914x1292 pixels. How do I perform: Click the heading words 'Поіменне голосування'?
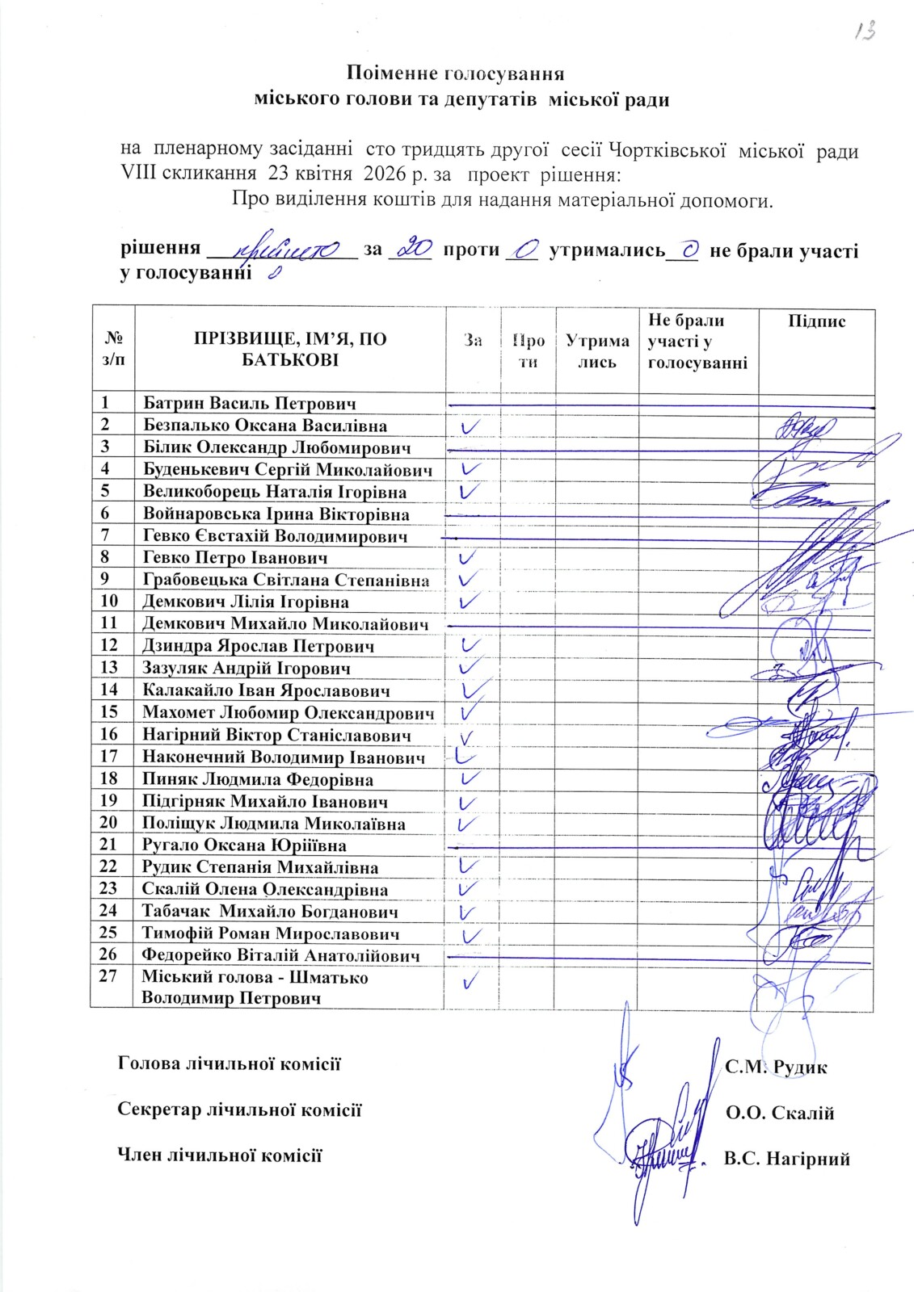455,73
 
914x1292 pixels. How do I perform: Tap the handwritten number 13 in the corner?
866,31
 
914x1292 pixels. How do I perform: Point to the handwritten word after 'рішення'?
283,250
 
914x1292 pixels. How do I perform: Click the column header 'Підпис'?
816,321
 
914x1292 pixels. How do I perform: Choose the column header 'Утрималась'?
597,351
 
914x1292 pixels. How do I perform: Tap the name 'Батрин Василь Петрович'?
249,403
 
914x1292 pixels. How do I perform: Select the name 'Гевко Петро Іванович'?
235,557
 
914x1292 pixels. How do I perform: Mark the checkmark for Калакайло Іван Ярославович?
477,689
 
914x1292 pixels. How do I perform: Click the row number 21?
109,845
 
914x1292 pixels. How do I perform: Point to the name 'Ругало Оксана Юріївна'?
244,845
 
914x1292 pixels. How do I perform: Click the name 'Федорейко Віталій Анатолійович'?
280,955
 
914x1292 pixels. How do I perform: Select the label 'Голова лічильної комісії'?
230,1063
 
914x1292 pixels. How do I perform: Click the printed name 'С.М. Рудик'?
776,1068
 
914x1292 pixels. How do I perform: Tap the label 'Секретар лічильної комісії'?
239,1110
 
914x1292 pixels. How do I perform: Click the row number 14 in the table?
109,690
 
